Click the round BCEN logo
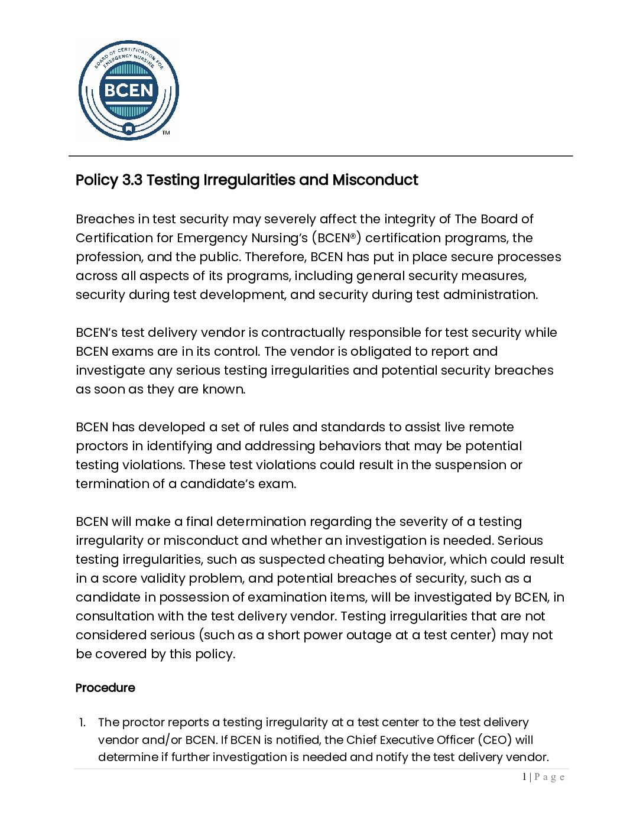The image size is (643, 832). click(128, 90)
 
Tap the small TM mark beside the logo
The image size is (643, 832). click(166, 132)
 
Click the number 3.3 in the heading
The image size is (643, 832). click(132, 180)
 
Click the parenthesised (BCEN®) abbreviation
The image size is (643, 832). click(336, 238)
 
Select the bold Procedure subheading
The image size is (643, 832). click(105, 688)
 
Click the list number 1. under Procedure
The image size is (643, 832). click(83, 723)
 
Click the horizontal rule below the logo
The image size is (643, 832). click(320, 156)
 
